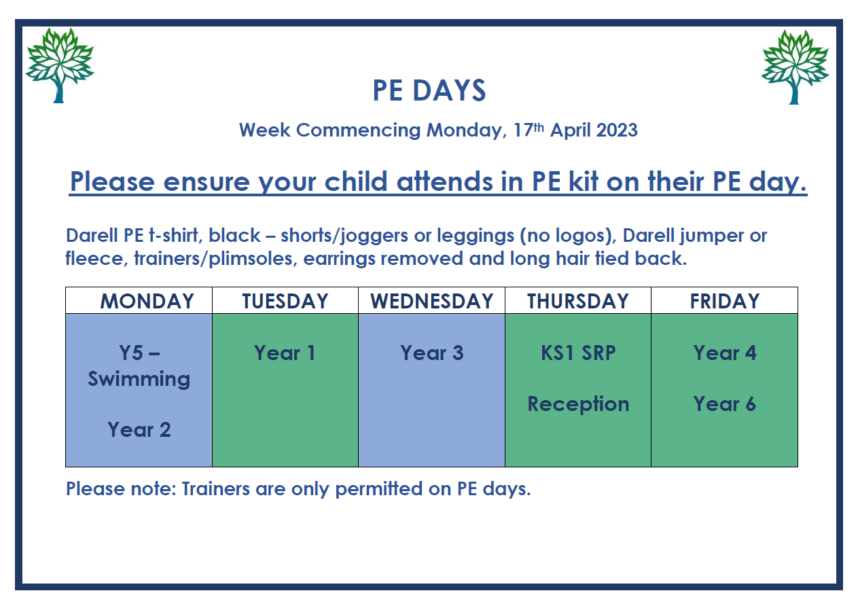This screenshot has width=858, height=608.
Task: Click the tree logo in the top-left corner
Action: [59, 65]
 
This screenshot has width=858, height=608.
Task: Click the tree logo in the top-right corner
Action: [796, 67]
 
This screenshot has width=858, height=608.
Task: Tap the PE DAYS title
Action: [429, 91]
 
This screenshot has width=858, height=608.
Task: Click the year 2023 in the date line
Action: [617, 130]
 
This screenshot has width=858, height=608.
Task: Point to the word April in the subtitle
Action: [570, 131]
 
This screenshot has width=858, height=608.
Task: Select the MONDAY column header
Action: [147, 301]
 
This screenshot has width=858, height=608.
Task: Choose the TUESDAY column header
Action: [285, 301]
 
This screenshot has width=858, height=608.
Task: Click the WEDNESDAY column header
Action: [431, 301]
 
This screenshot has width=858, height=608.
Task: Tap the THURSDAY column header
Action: [578, 301]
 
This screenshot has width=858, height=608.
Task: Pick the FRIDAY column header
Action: [725, 301]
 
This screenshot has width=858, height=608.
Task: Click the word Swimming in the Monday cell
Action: [139, 380]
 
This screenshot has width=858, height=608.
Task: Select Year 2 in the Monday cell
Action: [139, 430]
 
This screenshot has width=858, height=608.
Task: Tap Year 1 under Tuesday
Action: [285, 353]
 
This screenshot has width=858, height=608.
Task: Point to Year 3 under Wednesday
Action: [431, 353]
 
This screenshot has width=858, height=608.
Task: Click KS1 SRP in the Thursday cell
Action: [578, 353]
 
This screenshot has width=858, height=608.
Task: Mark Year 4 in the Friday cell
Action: [725, 353]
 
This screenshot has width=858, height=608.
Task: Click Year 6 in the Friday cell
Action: [725, 404]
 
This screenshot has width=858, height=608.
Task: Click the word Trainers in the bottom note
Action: [215, 489]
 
